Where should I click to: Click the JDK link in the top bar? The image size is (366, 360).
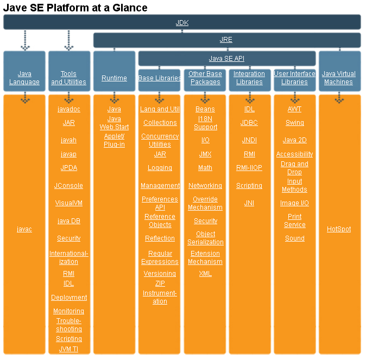pyautogui.click(x=182, y=23)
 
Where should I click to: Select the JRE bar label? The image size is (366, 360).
pyautogui.click(x=226, y=40)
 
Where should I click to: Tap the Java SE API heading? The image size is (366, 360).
pyautogui.click(x=226, y=59)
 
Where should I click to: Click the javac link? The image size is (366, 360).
pyautogui.click(x=24, y=229)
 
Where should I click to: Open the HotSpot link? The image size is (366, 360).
pyautogui.click(x=339, y=229)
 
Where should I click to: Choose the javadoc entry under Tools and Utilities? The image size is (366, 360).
pyautogui.click(x=68, y=109)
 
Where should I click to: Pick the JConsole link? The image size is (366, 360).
pyautogui.click(x=68, y=186)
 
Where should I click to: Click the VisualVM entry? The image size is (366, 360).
pyautogui.click(x=68, y=203)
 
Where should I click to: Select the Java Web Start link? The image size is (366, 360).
pyautogui.click(x=114, y=123)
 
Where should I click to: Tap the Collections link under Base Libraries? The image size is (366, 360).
pyautogui.click(x=160, y=123)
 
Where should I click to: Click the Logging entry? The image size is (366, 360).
pyautogui.click(x=160, y=168)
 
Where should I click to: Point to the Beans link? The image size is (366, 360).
pyautogui.click(x=205, y=109)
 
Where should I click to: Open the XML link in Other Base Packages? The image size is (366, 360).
pyautogui.click(x=205, y=274)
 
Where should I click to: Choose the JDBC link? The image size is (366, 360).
pyautogui.click(x=249, y=123)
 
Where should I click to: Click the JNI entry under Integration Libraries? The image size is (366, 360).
pyautogui.click(x=249, y=203)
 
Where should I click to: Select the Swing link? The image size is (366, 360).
pyautogui.click(x=294, y=123)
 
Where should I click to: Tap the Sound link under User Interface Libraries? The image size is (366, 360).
pyautogui.click(x=294, y=238)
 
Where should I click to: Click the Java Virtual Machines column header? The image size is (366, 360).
pyautogui.click(x=339, y=78)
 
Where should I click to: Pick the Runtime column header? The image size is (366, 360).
pyautogui.click(x=114, y=78)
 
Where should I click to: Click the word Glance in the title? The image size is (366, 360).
pyautogui.click(x=127, y=8)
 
